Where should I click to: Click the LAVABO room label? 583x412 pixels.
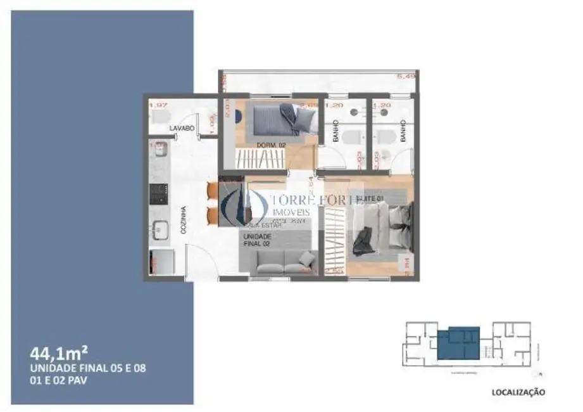pyautogui.click(x=181, y=129)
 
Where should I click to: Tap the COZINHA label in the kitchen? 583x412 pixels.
pyautogui.click(x=183, y=219)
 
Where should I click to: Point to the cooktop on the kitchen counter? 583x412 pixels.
pyautogui.click(x=159, y=194)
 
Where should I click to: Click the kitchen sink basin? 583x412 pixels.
pyautogui.click(x=159, y=229)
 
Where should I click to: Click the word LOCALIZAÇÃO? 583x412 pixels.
pyautogui.click(x=518, y=392)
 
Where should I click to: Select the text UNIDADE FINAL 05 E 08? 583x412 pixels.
pyautogui.click(x=88, y=368)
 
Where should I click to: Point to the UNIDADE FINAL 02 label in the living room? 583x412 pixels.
pyautogui.click(x=256, y=239)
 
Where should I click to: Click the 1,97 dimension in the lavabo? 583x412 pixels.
pyautogui.click(x=157, y=105)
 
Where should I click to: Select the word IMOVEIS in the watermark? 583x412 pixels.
pyautogui.click(x=291, y=212)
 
